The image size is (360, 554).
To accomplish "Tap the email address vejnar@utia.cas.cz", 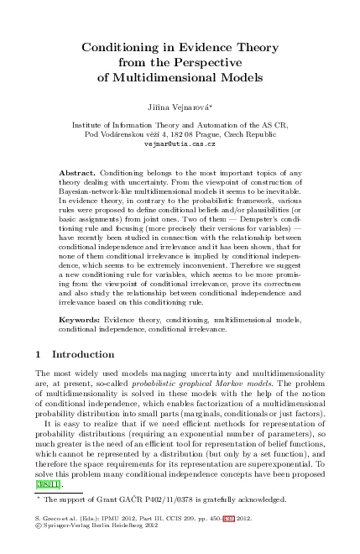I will click(x=180, y=145).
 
